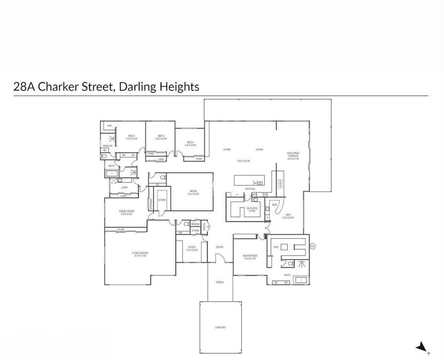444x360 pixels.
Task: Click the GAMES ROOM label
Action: tap(125, 213)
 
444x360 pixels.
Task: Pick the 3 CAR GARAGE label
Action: tap(139, 254)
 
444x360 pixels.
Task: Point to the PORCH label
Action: tap(220, 282)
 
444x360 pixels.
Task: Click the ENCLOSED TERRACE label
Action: tap(293, 155)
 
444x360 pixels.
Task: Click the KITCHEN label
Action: tap(250, 189)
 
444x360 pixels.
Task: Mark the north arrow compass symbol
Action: tap(423, 347)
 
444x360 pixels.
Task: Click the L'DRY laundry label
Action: tap(124, 188)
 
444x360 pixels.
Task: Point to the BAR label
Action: tap(274, 205)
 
